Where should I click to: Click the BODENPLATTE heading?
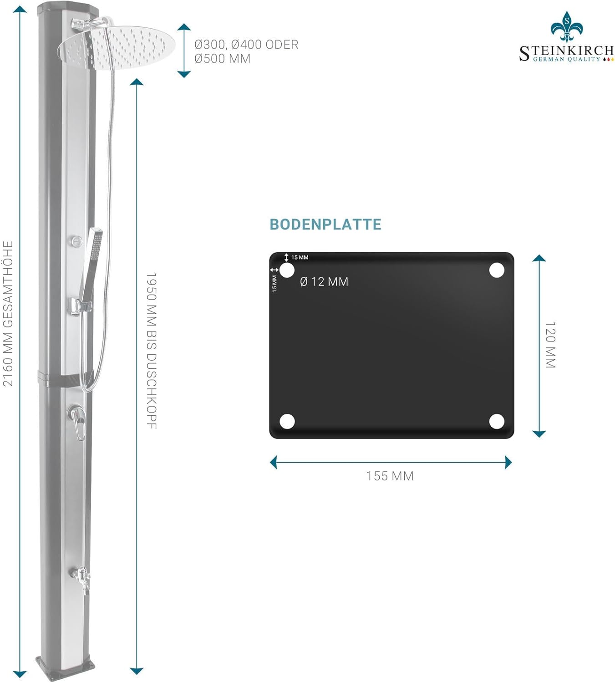(x=325, y=224)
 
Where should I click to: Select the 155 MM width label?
(x=390, y=476)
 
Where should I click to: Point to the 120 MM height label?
(x=550, y=345)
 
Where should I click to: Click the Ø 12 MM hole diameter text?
(x=324, y=282)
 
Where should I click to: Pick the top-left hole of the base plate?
(x=287, y=270)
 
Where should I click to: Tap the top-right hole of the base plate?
(x=497, y=270)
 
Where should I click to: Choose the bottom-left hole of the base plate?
(x=287, y=422)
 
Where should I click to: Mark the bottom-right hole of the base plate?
(x=497, y=422)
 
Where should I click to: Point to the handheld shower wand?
(x=91, y=264)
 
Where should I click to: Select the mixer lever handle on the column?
(x=77, y=421)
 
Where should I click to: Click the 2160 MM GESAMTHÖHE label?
(x=8, y=314)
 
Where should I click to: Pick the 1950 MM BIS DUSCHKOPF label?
(x=151, y=351)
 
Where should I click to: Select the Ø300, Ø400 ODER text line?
(x=246, y=45)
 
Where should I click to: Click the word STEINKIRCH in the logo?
(x=566, y=51)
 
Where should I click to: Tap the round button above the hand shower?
(x=76, y=240)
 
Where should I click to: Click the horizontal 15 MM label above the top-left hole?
(x=300, y=258)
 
